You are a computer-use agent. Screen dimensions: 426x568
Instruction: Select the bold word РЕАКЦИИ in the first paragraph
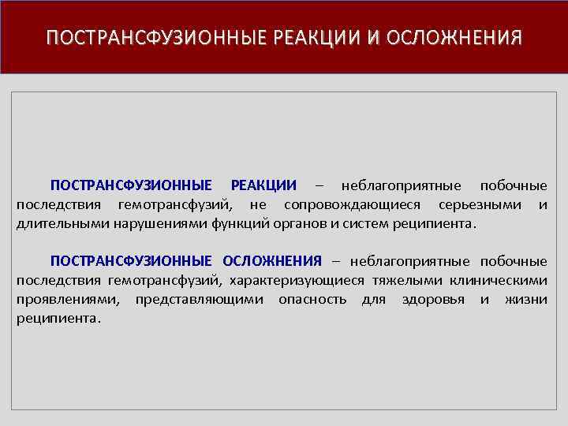click(x=263, y=185)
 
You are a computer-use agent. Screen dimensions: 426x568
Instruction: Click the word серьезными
click(x=480, y=204)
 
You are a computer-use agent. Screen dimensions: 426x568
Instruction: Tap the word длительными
click(x=55, y=223)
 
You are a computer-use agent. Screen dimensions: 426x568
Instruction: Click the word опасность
click(x=312, y=299)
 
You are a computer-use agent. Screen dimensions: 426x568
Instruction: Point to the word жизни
click(x=528, y=299)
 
